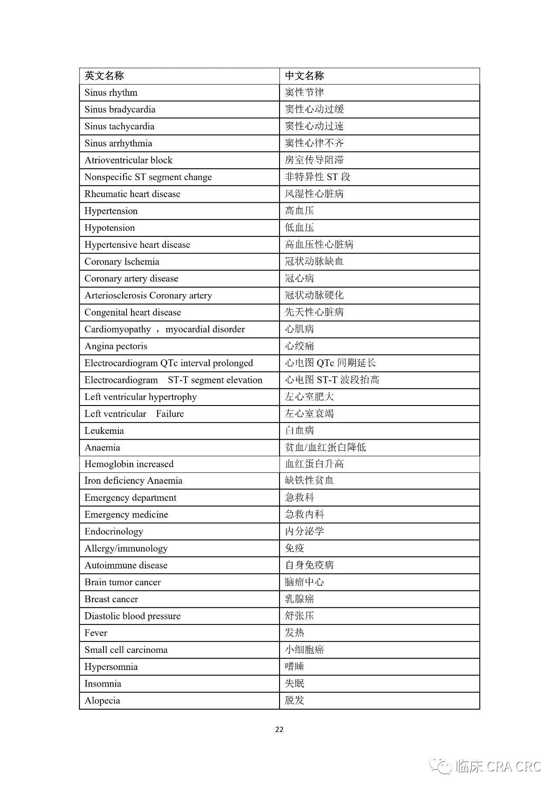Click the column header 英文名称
click(104, 76)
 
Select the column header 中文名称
click(304, 76)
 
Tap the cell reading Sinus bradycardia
click(120, 110)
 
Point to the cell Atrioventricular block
click(128, 160)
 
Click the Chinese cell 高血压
click(300, 211)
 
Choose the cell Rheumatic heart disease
click(132, 194)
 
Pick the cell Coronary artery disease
click(131, 279)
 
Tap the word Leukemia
click(104, 431)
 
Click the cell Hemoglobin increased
click(129, 464)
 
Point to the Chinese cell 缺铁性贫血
click(309, 481)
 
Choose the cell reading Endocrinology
click(114, 532)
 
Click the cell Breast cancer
click(111, 599)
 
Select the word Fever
click(96, 633)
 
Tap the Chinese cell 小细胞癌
click(304, 650)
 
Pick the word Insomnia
click(103, 684)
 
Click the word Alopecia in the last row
click(102, 701)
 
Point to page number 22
click(279, 729)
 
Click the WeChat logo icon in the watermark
click(440, 766)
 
